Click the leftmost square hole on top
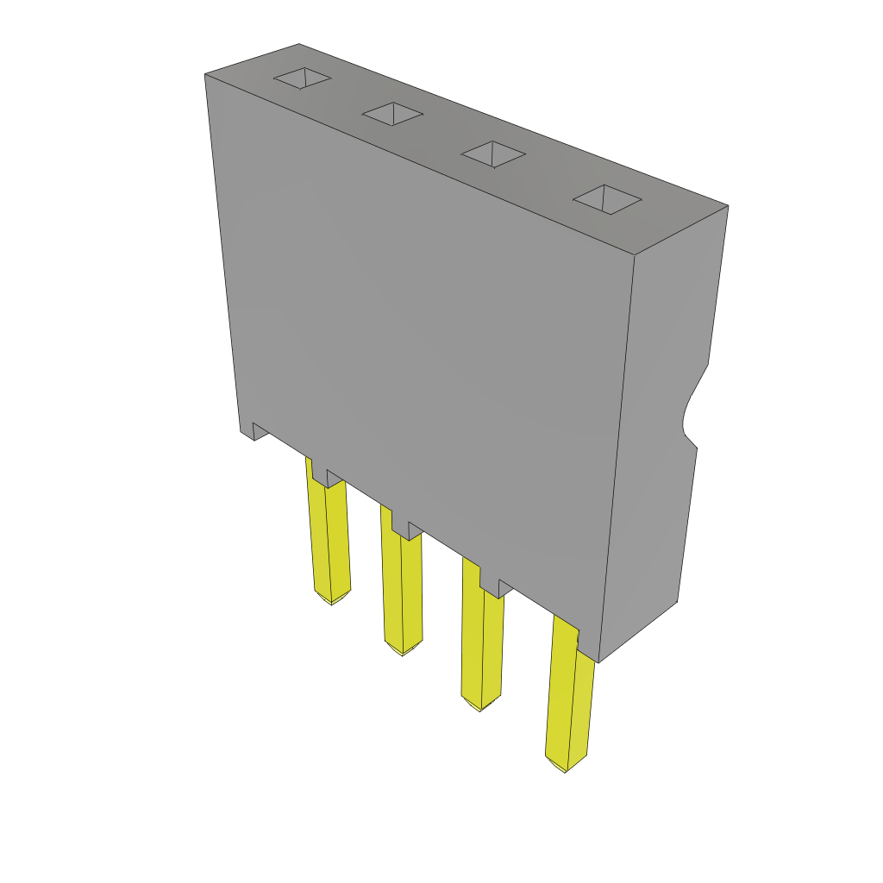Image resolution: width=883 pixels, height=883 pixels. pos(303,78)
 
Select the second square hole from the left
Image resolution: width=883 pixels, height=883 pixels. pos(392,114)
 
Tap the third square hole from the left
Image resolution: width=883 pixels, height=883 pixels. pos(493,154)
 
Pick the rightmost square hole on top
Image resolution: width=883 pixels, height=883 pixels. pos(608,199)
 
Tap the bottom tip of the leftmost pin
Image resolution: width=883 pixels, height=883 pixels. pos(332,601)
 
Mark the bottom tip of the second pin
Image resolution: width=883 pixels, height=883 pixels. pos(402,652)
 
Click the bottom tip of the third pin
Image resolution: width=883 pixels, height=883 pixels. pos(480,708)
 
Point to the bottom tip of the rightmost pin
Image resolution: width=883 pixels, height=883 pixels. pos(565,768)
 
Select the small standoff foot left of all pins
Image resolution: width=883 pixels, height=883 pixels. pos(259,430)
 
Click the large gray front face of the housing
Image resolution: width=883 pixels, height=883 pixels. pos(423,345)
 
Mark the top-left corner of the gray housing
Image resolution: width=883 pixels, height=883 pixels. pos(206,76)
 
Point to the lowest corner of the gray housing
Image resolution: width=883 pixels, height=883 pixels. pos(598,661)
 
